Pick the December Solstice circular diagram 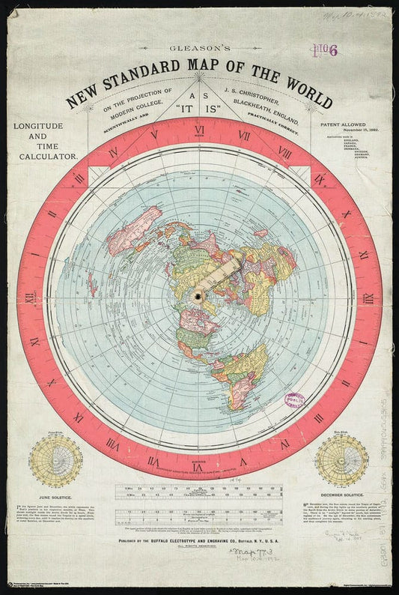point(341,459)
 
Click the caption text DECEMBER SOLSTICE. point(341,495)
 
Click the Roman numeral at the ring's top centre point(199,136)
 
